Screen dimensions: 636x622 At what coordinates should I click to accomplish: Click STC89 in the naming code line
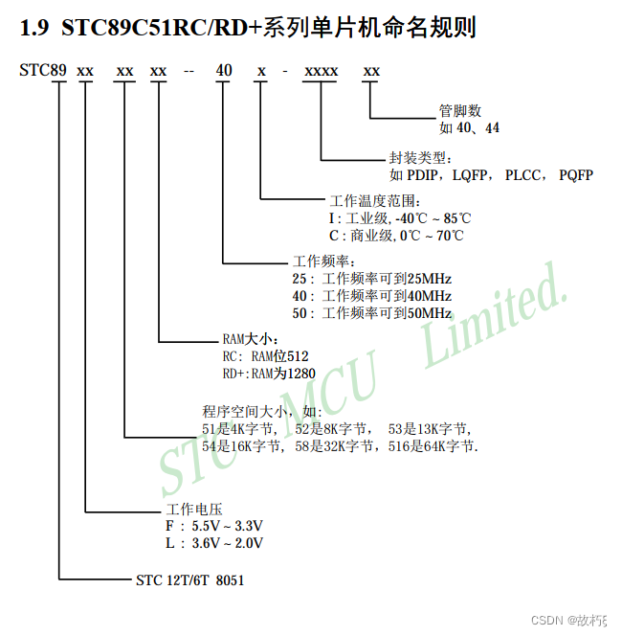(41, 71)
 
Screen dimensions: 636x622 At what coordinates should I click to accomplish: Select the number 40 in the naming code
(223, 71)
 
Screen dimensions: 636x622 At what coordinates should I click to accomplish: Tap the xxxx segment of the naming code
(321, 71)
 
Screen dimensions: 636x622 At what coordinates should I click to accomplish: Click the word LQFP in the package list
(470, 174)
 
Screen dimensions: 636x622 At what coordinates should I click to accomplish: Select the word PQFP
(576, 174)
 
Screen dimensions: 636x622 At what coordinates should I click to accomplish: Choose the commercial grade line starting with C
(396, 235)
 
